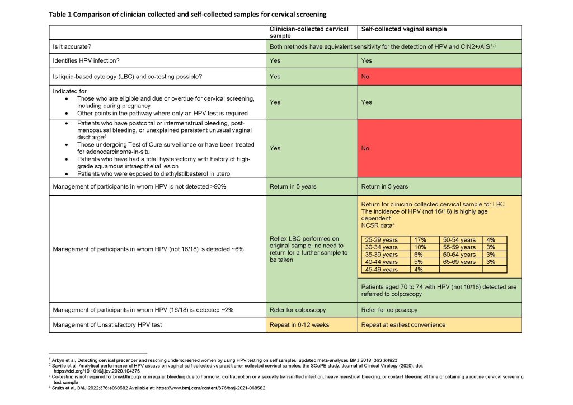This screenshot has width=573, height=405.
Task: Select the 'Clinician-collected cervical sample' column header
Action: tap(309, 32)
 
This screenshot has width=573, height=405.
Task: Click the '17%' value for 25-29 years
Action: tap(419, 239)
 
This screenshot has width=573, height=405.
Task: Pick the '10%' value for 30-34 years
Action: tap(419, 247)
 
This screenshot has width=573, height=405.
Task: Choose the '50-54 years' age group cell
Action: tap(459, 239)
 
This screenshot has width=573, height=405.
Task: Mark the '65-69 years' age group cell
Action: tap(459, 262)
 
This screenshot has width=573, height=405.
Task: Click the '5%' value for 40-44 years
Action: tap(418, 262)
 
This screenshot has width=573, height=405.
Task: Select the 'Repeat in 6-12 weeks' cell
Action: tap(299, 324)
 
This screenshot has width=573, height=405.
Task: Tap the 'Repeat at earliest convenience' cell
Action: tap(402, 324)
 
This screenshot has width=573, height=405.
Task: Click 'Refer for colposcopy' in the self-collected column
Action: tap(390, 309)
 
